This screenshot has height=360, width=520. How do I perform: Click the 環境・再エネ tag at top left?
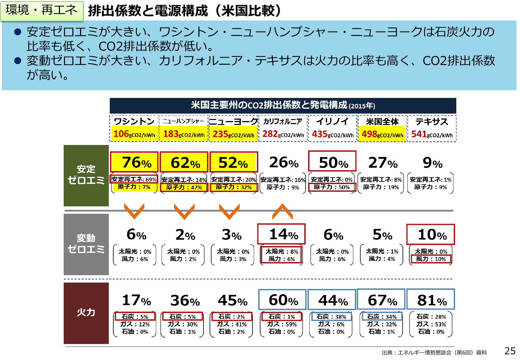point(42,11)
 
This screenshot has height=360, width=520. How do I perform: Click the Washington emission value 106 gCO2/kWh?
point(134,134)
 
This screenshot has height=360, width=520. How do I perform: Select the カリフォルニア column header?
point(283,121)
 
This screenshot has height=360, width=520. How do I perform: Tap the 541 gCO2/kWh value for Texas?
point(432,134)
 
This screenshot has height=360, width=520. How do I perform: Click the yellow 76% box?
point(134,162)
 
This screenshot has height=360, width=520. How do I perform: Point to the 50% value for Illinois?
point(332,162)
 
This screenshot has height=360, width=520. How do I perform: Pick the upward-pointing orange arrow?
point(282,212)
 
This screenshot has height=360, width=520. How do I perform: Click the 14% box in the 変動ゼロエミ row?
point(282,234)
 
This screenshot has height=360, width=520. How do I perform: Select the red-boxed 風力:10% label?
point(431,259)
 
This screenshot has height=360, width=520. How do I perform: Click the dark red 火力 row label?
point(86,313)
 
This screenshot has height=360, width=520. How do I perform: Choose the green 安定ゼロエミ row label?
point(86,175)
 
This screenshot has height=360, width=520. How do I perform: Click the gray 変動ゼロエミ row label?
point(86,244)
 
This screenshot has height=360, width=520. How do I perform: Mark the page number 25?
point(510,351)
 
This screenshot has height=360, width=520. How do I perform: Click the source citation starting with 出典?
point(434,353)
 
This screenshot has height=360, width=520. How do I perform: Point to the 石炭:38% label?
point(331,316)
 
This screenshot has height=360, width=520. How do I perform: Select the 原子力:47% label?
point(184,187)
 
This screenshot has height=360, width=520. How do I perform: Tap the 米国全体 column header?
point(382,122)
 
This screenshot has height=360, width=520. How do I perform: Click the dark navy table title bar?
point(283,106)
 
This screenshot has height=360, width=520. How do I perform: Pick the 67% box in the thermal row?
point(381,300)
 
